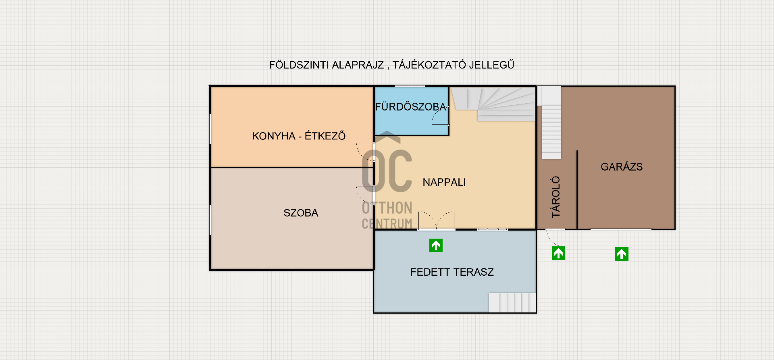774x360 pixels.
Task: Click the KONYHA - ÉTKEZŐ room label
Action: [x=299, y=136]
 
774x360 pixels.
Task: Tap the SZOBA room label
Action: [x=301, y=213]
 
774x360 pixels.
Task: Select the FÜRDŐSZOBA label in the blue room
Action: [x=410, y=106]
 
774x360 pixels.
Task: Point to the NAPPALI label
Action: [x=444, y=182]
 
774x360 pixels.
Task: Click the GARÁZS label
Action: [x=622, y=166]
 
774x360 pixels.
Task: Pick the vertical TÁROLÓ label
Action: [x=556, y=197]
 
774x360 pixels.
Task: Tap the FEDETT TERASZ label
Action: [x=452, y=272]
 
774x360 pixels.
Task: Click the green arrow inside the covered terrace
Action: [x=436, y=245]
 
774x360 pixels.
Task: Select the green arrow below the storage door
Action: [x=558, y=253]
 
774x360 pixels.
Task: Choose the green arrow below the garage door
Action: [x=622, y=254]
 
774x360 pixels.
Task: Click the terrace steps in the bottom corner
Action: [x=512, y=302]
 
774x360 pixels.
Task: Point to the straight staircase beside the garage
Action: [x=551, y=123]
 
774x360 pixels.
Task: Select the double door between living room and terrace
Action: [x=436, y=221]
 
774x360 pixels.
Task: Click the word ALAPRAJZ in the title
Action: [x=358, y=65]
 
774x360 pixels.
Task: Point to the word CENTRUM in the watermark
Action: [x=387, y=223]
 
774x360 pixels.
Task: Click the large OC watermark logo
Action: [x=387, y=165]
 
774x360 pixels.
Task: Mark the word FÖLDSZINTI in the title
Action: [x=299, y=65]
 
